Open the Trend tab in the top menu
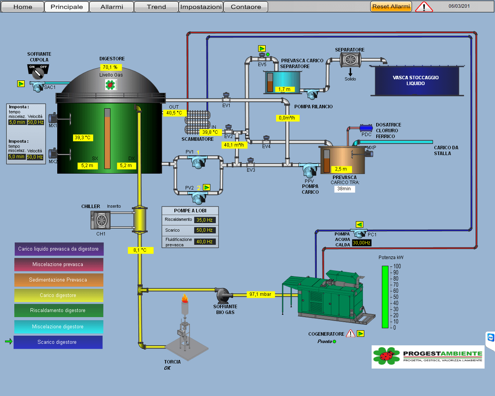[156, 7]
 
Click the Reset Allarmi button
[391, 7]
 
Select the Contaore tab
[246, 7]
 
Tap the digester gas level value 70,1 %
[110, 67]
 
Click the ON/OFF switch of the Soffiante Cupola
[38, 71]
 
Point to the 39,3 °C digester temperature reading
[83, 138]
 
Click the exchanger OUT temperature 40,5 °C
[174, 113]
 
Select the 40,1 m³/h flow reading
[234, 145]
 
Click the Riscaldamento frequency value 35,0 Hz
[205, 220]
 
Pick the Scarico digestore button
[58, 342]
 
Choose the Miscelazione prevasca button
[58, 265]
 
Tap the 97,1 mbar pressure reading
[260, 294]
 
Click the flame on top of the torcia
[185, 298]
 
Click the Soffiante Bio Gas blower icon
[224, 295]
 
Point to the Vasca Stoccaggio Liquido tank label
[416, 80]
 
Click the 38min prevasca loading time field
[344, 189]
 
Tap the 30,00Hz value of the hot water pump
[362, 243]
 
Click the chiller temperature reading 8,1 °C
[140, 250]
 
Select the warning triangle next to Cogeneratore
[350, 334]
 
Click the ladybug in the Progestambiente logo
[386, 355]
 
